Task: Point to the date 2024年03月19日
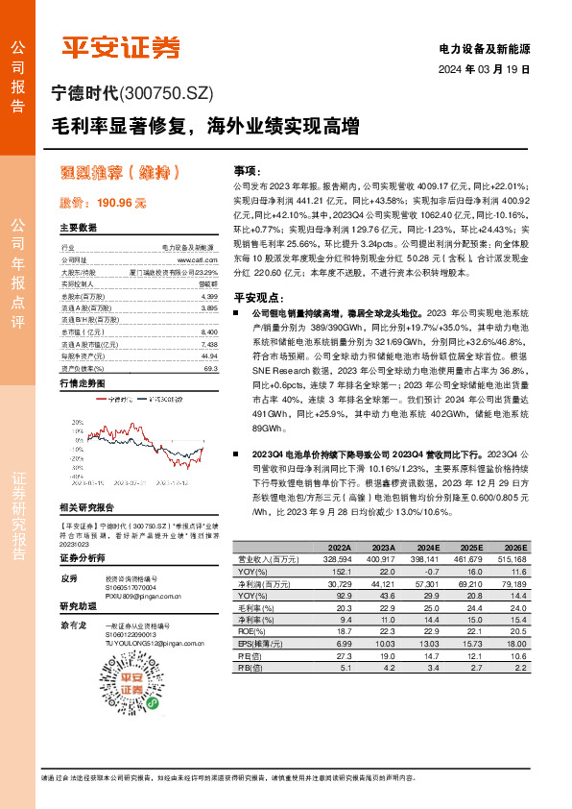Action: [x=485, y=70]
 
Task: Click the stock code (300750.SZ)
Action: [x=166, y=93]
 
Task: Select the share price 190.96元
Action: [x=103, y=204]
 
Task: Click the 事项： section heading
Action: [x=247, y=168]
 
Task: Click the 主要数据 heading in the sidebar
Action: [x=79, y=229]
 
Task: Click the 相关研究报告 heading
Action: [x=86, y=507]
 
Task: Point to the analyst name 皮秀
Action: [x=68, y=579]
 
